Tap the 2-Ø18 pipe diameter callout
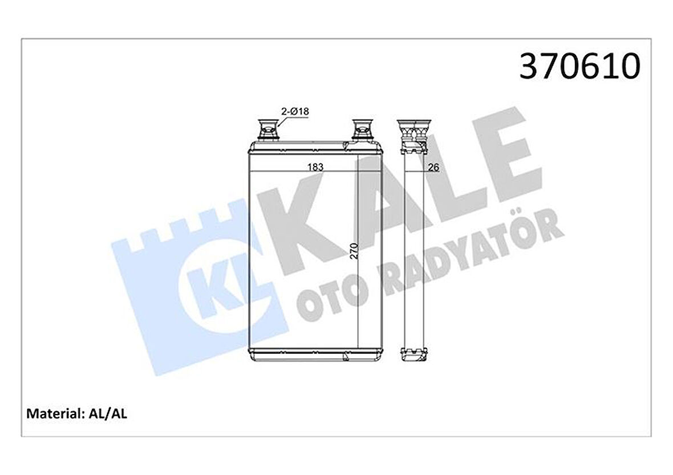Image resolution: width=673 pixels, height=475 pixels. (294, 112)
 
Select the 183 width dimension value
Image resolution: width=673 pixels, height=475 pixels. (315, 167)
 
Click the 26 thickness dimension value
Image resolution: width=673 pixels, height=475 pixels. (433, 167)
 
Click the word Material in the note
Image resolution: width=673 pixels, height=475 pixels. (51, 413)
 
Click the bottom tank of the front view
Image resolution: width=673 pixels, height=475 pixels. (315, 354)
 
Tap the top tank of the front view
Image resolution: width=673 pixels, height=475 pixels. (315, 148)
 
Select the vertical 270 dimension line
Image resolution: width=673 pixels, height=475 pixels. (358, 251)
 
